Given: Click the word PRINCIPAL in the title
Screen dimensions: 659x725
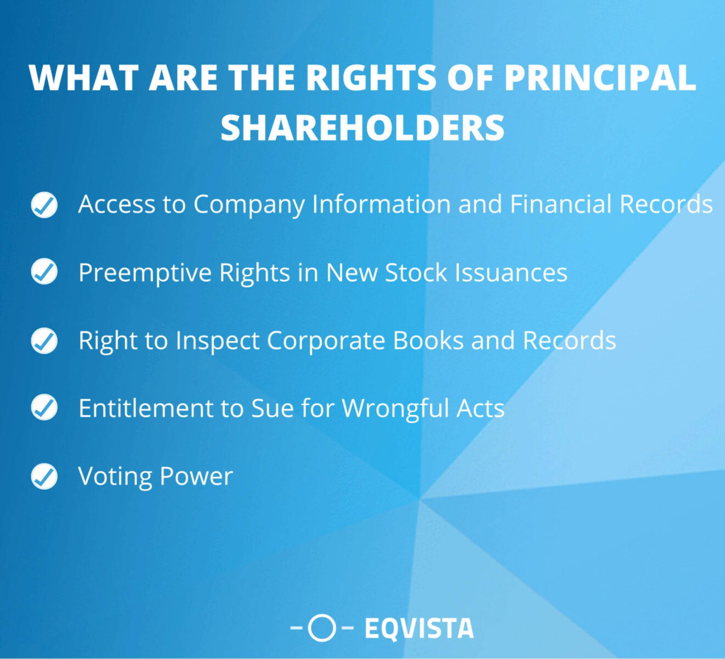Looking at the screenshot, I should tap(600, 78).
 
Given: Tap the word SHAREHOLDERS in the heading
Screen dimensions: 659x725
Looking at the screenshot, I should tap(362, 127).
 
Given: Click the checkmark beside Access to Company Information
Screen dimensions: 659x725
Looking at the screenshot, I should tap(44, 205).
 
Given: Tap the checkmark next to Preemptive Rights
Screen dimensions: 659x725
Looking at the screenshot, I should tap(44, 272).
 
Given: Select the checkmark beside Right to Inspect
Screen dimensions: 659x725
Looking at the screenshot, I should tap(44, 340).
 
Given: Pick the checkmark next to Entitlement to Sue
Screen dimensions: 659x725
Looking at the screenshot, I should tap(44, 408).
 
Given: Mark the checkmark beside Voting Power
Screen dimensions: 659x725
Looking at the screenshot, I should tap(44, 476).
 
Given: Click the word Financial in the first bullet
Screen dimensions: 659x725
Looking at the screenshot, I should tap(560, 204).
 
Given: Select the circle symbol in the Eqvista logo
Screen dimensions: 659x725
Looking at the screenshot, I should tap(321, 628).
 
